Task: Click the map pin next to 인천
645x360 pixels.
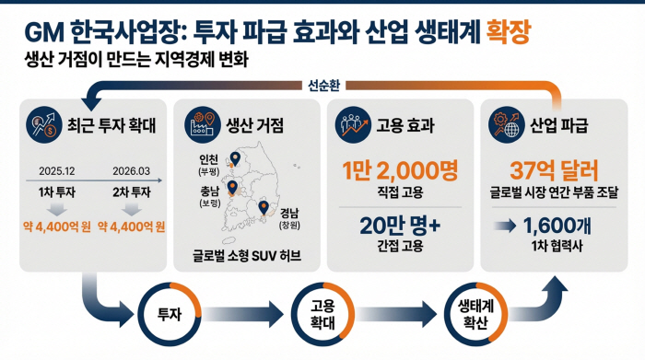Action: [235, 158]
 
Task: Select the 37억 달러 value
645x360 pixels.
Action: [554, 170]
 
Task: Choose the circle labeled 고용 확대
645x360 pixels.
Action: [320, 314]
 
